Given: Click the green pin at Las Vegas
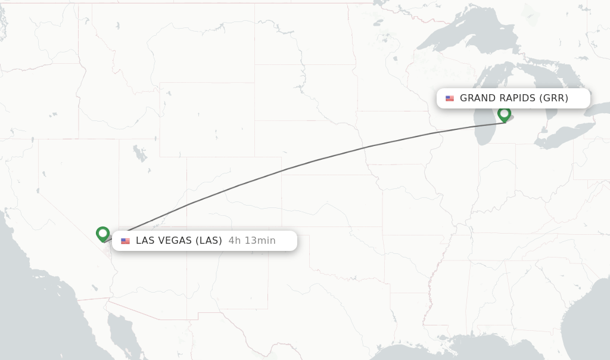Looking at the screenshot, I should coord(102,233).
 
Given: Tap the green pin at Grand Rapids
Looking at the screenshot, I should coord(504,113).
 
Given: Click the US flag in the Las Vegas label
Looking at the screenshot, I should coord(125,241).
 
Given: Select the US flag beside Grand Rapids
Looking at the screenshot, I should coord(449,98).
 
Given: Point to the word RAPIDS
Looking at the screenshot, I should coord(516,98).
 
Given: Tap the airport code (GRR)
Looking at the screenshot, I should coord(553,98).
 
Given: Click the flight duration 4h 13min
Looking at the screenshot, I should coord(251,241).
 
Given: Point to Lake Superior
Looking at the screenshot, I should coord(453,36).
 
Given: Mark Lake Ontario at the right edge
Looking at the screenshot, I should coord(599,108).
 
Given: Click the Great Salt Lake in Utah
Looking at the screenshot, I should coord(140,154).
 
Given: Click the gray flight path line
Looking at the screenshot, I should coord(286,169).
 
